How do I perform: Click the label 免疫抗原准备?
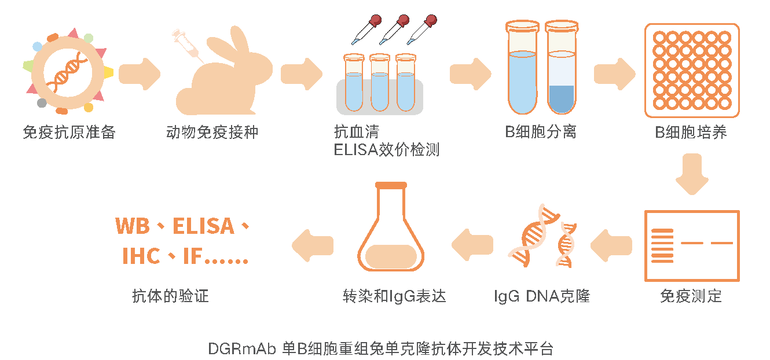tap(69, 133)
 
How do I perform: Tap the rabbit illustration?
tap(226, 78)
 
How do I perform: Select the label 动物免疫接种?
tap(212, 133)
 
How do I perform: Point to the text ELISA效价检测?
tap(387, 150)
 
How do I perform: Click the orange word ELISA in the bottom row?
tap(203, 226)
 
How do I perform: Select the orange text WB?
tap(133, 226)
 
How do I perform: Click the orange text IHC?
tap(141, 256)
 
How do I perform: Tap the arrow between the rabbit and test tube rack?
tap(301, 74)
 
